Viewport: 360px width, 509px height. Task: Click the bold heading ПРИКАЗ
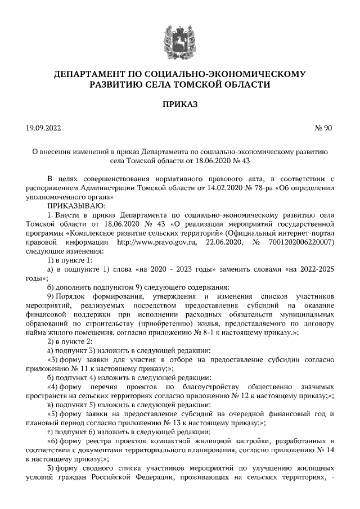coord(179,105)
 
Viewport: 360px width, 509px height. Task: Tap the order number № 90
coord(323,128)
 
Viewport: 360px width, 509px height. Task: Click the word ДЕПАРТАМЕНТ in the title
coord(99,74)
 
